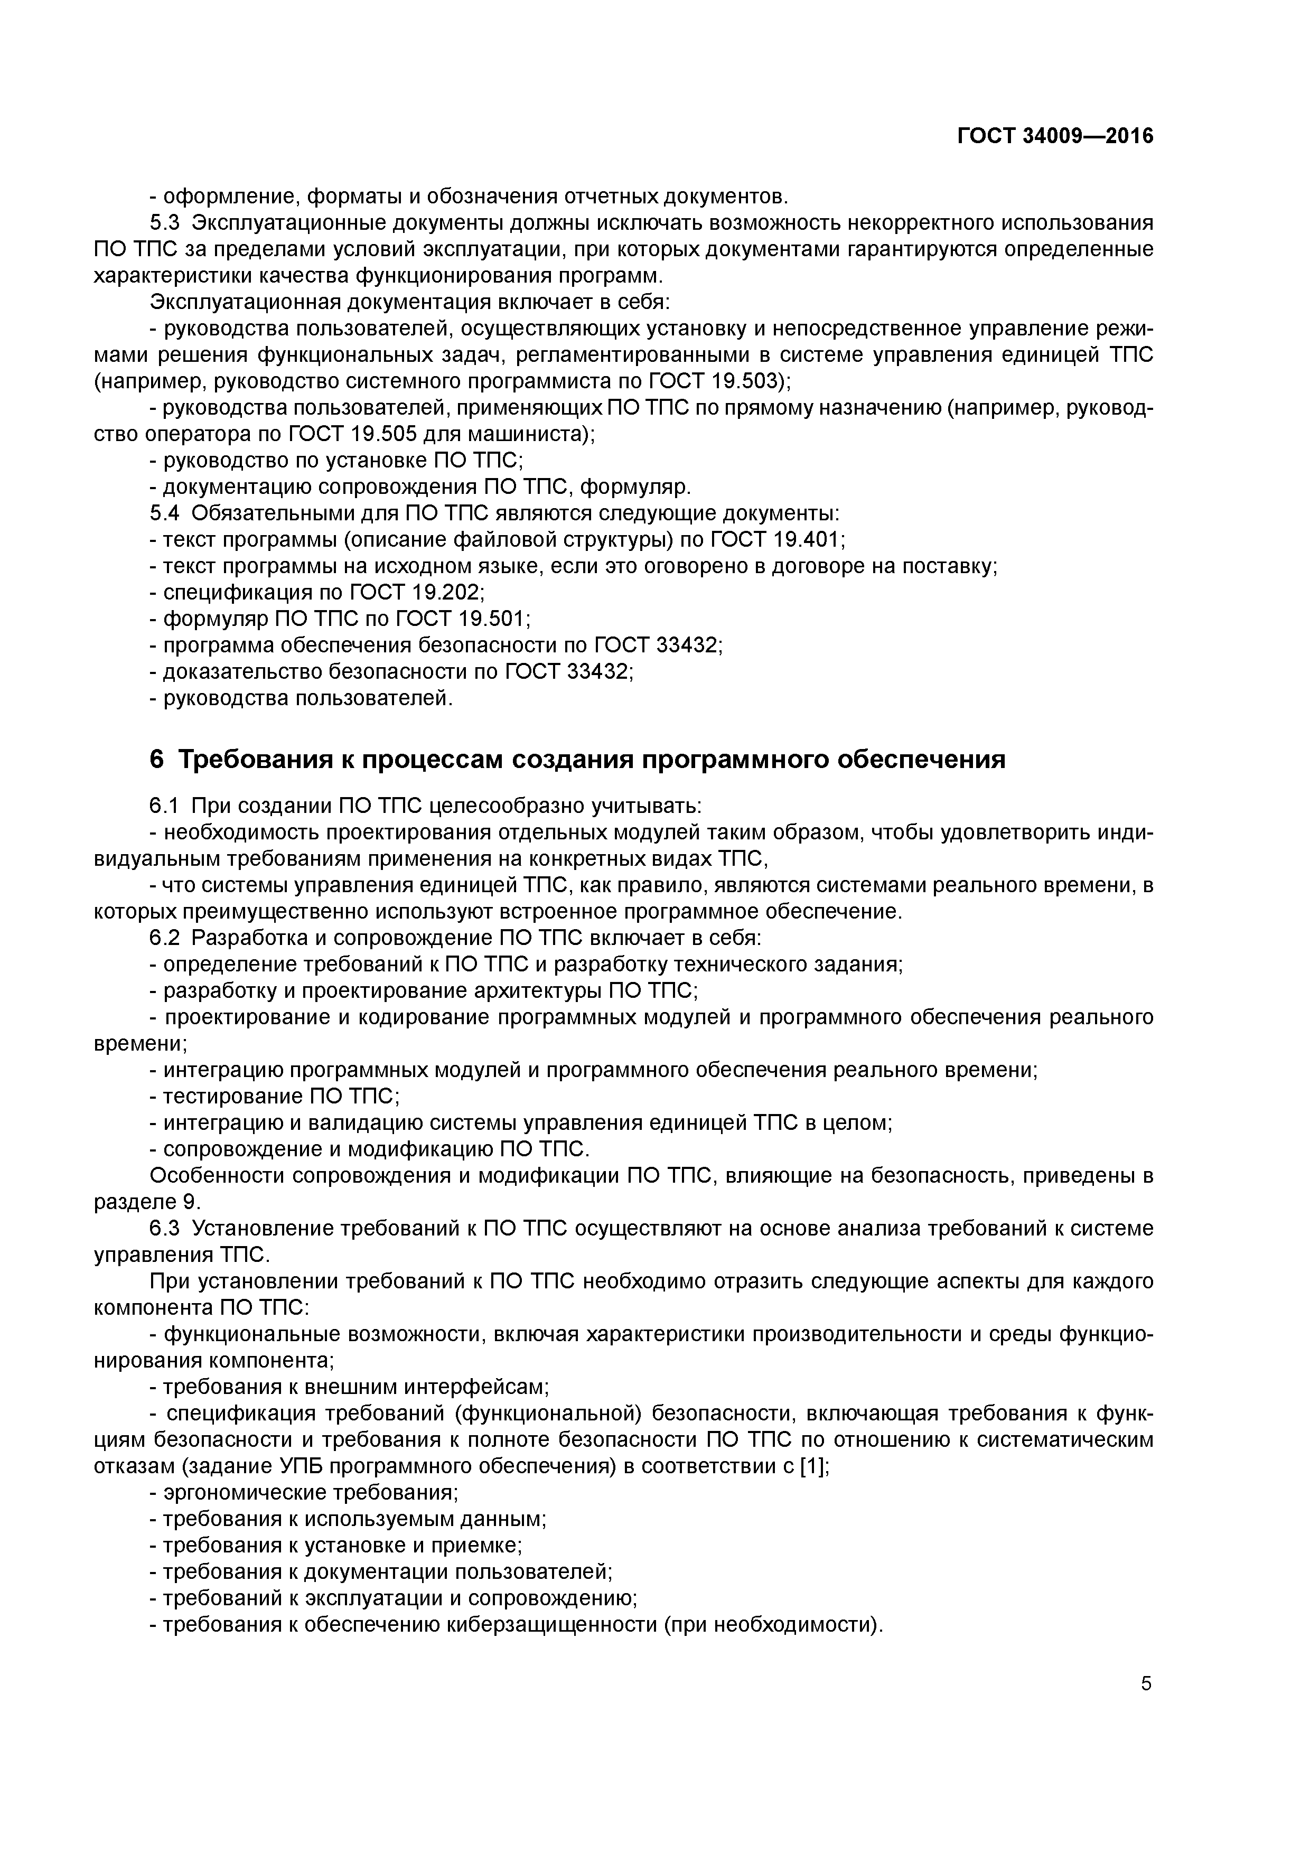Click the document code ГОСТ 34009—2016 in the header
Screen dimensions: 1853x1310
point(1055,136)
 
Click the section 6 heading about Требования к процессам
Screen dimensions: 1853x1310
point(578,760)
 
